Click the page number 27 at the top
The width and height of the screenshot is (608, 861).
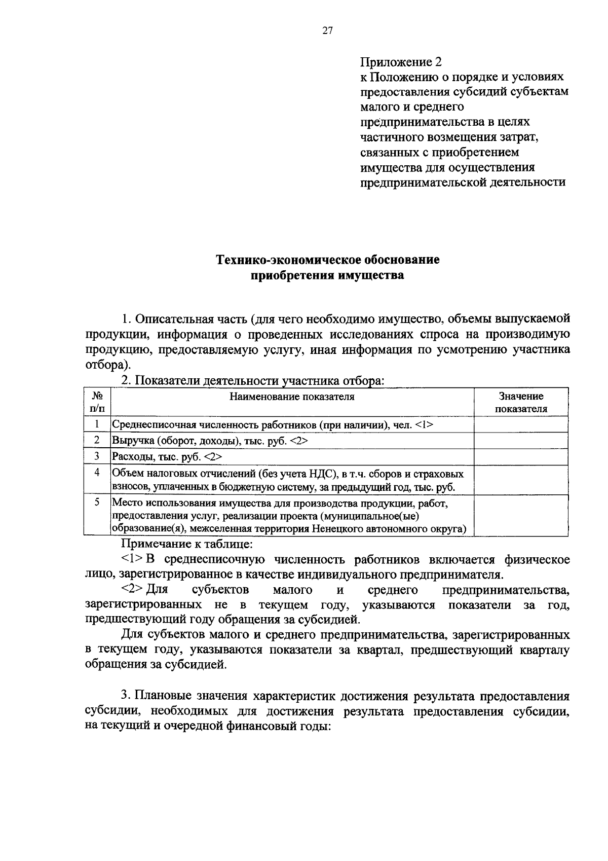327,31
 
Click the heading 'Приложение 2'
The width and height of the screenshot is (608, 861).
401,62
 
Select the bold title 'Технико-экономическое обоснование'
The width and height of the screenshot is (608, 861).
328,260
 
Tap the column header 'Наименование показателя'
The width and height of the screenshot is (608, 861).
292,397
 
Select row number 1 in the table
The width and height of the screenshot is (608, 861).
97,424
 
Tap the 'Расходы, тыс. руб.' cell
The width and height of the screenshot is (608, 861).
167,457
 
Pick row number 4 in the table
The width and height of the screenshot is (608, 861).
97,473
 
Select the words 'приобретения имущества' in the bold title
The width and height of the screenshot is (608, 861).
328,276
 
